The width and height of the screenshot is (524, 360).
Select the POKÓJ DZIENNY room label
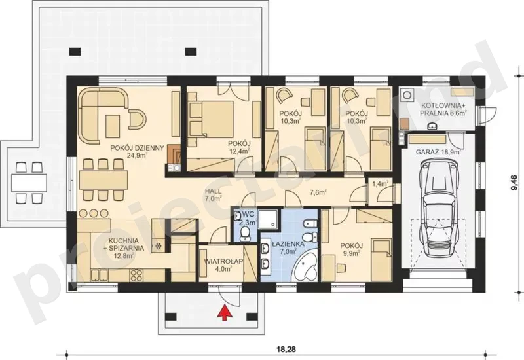pyautogui.click(x=137, y=151)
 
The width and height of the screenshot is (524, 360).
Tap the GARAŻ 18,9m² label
pyautogui.click(x=438, y=152)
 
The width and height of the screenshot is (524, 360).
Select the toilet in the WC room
pyautogui.click(x=247, y=234)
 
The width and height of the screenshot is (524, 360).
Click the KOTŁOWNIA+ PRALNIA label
pyautogui.click(x=443, y=109)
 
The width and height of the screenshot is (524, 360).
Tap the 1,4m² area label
pyautogui.click(x=380, y=183)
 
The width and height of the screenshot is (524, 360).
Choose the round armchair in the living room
pyautogui.click(x=137, y=119)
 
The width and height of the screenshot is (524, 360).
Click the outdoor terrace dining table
pyautogui.click(x=29, y=183)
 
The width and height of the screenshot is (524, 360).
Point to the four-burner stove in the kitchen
pyautogui.click(x=136, y=275)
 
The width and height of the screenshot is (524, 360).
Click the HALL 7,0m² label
pyautogui.click(x=214, y=195)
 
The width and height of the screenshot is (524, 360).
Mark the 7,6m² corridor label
pyautogui.click(x=318, y=192)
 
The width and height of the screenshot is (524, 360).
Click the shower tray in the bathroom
pyautogui.click(x=269, y=220)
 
